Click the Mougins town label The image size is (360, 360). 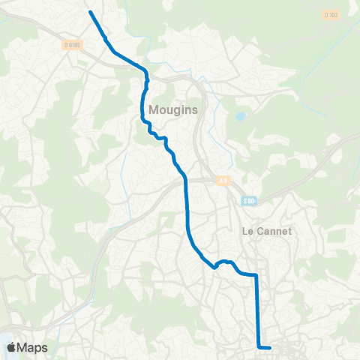[172, 109]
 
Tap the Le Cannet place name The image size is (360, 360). [266, 231]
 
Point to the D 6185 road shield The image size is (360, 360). [73, 45]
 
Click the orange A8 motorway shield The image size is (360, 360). [222, 180]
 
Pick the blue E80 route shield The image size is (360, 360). [248, 200]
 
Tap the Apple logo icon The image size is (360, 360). [12, 347]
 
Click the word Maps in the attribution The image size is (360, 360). [35, 347]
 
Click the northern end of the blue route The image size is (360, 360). [90, 12]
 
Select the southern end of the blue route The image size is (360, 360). [269, 347]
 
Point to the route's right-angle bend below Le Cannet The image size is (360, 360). [256, 276]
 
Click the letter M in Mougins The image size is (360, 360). [154, 109]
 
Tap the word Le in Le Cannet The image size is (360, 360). [247, 231]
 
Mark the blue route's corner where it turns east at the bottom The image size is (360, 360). [259, 346]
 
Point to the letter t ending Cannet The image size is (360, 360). [289, 231]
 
